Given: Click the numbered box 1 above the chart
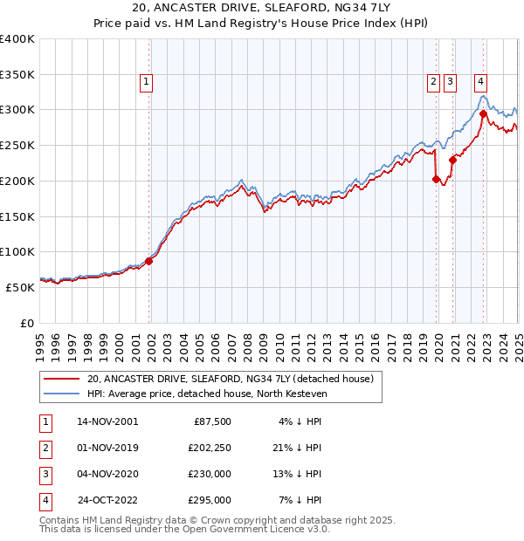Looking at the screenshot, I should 146,83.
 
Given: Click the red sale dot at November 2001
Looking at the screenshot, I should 149,260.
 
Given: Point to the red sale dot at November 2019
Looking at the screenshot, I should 436,179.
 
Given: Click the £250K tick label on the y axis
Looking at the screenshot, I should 17,146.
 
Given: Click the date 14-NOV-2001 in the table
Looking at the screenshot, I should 107,421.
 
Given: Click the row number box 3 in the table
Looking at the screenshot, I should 44,474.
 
